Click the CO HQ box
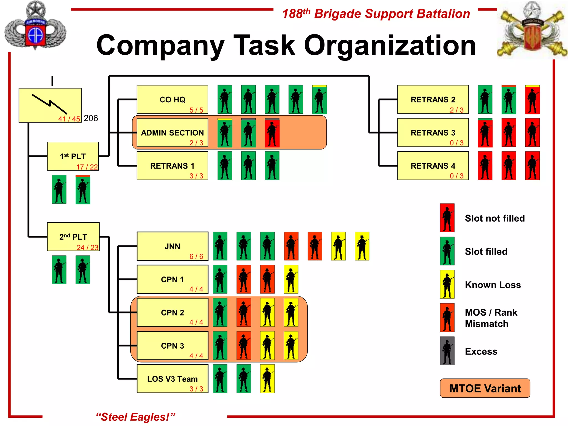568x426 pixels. (172, 99)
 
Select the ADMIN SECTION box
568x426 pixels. (172, 133)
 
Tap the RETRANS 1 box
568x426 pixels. (172, 166)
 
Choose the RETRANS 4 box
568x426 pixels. (433, 166)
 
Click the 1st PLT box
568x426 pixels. (73, 156)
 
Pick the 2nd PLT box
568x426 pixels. (73, 237)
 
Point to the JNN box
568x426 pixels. (172, 246)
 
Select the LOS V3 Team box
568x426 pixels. (172, 379)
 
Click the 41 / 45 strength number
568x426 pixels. (69, 119)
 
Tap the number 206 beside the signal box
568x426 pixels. (91, 118)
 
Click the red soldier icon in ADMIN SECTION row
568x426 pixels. (272, 133)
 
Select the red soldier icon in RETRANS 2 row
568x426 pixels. (532, 100)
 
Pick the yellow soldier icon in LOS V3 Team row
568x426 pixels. (267, 379)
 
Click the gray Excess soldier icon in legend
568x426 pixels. (447, 351)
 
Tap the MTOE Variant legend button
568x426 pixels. (485, 388)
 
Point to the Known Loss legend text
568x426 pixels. (493, 285)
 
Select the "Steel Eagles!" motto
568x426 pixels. (136, 417)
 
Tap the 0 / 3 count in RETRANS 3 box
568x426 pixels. (457, 143)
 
